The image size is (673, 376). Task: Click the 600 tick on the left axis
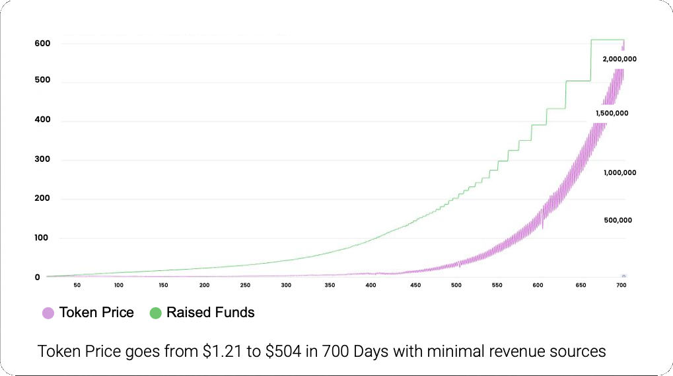click(x=42, y=44)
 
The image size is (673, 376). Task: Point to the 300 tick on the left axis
click(x=42, y=160)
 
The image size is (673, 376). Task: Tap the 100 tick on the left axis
click(x=42, y=238)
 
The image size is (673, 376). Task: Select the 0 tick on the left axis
click(x=38, y=277)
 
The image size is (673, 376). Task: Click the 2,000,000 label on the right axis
click(x=619, y=59)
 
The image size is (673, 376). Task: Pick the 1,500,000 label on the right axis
click(x=612, y=113)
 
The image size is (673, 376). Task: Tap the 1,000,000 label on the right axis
click(x=620, y=172)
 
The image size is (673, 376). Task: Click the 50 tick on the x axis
click(x=77, y=285)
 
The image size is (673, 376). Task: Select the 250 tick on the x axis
click(x=245, y=285)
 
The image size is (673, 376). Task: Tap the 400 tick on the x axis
click(x=371, y=285)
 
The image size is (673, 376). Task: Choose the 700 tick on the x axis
click(x=621, y=285)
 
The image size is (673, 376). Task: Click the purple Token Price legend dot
click(x=48, y=313)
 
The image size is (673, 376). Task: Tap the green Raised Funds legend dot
click(x=155, y=313)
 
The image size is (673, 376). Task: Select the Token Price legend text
click(x=96, y=313)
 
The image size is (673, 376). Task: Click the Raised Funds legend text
click(x=210, y=313)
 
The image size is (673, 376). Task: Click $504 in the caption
click(x=282, y=351)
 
